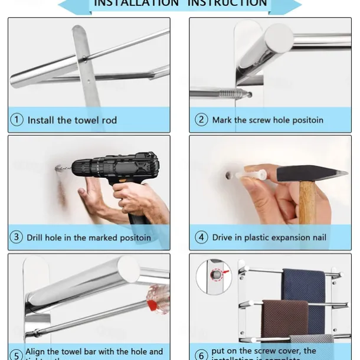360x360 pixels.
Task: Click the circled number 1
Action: [x=17, y=120]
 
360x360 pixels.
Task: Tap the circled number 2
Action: [x=202, y=120]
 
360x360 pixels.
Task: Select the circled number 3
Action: [x=17, y=238]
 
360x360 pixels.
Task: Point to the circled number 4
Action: [x=202, y=238]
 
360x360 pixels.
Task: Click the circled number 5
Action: [x=17, y=354]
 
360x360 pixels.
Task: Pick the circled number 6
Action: [x=202, y=354]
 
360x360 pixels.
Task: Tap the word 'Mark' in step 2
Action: [x=222, y=120]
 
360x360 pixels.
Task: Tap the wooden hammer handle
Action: [x=306, y=204]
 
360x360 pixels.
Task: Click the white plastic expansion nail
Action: [x=251, y=175]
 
